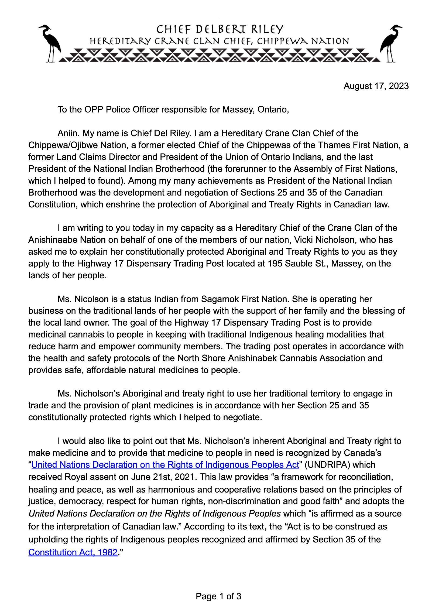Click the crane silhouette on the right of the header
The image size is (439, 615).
(x=391, y=43)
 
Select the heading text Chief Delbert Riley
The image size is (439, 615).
(x=220, y=29)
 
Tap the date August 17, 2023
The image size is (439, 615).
(x=376, y=86)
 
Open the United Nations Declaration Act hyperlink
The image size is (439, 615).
(x=165, y=464)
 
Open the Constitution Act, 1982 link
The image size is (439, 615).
(x=73, y=552)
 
